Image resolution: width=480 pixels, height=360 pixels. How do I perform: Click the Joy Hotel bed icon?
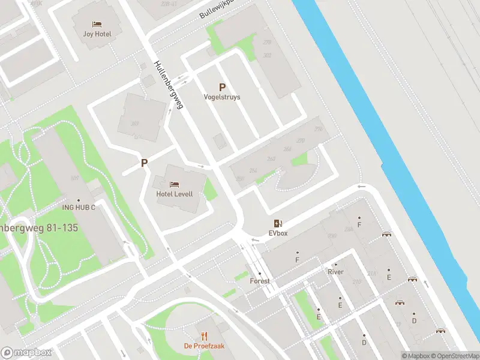click(x=97, y=24)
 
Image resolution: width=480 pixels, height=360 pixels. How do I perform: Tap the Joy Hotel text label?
click(x=97, y=34)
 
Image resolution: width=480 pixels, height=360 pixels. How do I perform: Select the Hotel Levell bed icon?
click(x=174, y=183)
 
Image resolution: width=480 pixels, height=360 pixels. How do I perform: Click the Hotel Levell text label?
click(x=174, y=193)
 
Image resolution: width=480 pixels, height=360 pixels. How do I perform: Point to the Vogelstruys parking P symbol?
click(x=222, y=87)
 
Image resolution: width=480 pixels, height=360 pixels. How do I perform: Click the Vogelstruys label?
click(x=222, y=97)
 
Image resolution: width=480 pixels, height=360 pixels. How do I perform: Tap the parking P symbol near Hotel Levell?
click(x=144, y=163)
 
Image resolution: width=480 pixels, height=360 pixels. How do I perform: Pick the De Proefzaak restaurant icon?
click(x=204, y=336)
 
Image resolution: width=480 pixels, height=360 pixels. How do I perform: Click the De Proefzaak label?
click(x=204, y=346)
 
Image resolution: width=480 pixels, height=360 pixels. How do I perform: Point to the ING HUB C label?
click(x=79, y=208)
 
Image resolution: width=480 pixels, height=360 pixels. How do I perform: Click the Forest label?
click(x=260, y=281)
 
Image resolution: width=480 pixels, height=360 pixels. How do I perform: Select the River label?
click(x=335, y=272)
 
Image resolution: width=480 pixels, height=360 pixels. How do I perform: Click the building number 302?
click(x=268, y=56)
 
